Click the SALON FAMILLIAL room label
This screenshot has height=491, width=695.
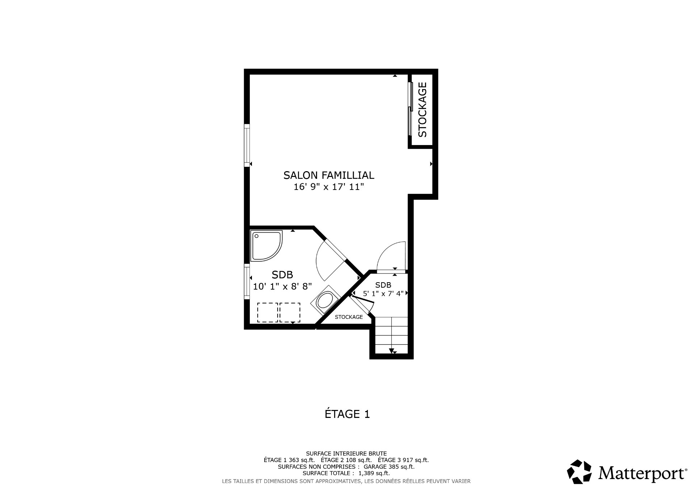coord(328,175)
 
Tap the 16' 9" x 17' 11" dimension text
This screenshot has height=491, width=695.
coord(328,187)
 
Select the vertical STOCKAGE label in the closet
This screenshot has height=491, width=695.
coord(422,110)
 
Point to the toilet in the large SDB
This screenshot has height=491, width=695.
coord(325,301)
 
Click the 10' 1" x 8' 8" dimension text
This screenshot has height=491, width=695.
coord(282,287)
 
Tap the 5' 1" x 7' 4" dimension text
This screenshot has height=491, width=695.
coord(383,293)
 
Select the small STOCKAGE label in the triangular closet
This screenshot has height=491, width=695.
coord(349,317)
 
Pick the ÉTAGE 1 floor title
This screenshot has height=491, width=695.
coord(347,414)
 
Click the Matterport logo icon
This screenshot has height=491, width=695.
coord(579,472)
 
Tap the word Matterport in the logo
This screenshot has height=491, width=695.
coord(641,473)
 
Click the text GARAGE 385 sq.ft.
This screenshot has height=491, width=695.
coord(389,467)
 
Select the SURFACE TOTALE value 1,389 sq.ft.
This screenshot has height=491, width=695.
coord(374,473)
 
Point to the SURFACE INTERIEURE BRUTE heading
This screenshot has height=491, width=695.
coord(346,453)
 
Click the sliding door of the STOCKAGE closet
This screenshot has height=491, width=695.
coord(410,109)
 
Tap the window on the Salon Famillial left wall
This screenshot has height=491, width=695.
coord(247,145)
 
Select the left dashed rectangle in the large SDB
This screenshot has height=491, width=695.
coord(267,313)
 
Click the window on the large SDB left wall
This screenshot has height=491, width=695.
coord(247,282)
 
